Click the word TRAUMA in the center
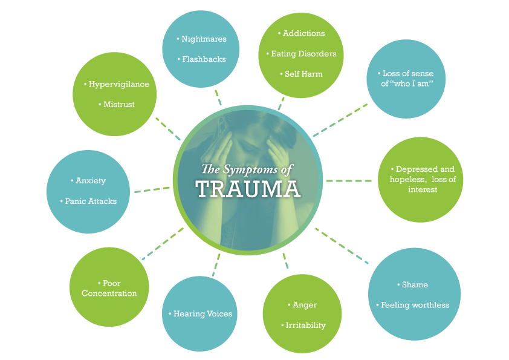click(x=248, y=189)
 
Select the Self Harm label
click(x=302, y=74)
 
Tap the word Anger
click(x=303, y=304)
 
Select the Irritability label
click(x=304, y=325)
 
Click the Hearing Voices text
click(x=200, y=313)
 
